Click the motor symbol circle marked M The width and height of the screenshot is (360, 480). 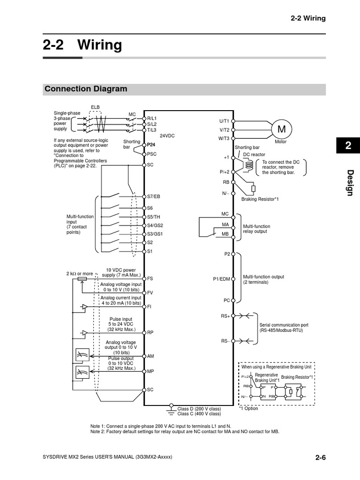coord(281,128)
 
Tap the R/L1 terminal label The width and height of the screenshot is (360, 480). coord(152,119)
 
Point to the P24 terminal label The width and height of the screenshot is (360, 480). coord(151,145)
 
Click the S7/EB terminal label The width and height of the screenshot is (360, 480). coord(154,196)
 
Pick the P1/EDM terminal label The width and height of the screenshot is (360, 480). coord(222,279)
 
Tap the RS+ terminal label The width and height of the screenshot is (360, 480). coord(225,316)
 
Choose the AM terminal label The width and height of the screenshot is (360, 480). coord(150,356)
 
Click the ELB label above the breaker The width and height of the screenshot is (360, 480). coord(95,107)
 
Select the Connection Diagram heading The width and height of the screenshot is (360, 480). coord(85,89)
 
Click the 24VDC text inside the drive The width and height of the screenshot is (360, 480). coord(167,136)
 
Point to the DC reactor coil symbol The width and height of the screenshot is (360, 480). coord(249,164)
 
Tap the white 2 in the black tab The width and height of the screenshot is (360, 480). coord(348,146)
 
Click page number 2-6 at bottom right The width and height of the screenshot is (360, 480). coord(320,458)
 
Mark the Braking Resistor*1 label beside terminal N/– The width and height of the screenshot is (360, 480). coord(260,199)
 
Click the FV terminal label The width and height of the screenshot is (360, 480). coord(150,292)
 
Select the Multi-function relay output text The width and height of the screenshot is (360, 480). coord(256,229)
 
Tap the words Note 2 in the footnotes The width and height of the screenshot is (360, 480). coord(98,431)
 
